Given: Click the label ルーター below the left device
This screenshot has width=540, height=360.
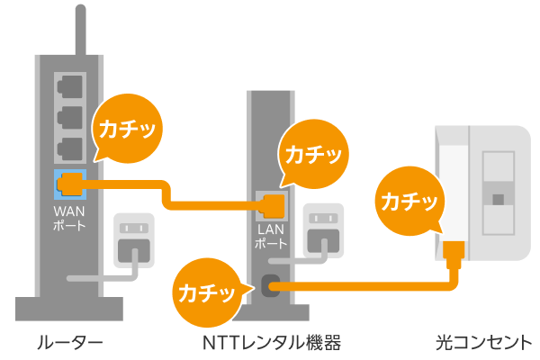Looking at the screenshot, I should (70, 342).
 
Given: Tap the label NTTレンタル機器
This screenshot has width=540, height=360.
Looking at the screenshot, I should (273, 342).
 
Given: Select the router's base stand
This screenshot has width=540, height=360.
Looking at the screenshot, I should (69, 311).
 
